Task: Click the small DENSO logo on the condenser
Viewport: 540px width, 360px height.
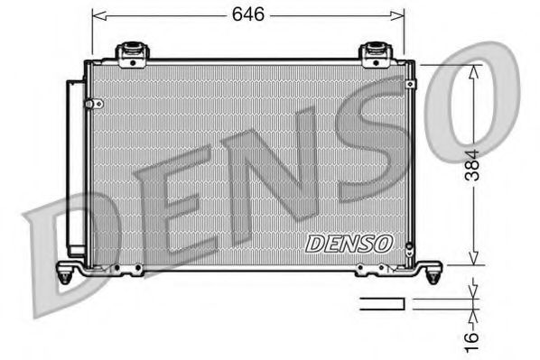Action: [349, 243]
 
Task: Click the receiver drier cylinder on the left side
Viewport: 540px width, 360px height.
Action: [74, 167]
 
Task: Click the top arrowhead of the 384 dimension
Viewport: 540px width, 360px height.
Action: [472, 69]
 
